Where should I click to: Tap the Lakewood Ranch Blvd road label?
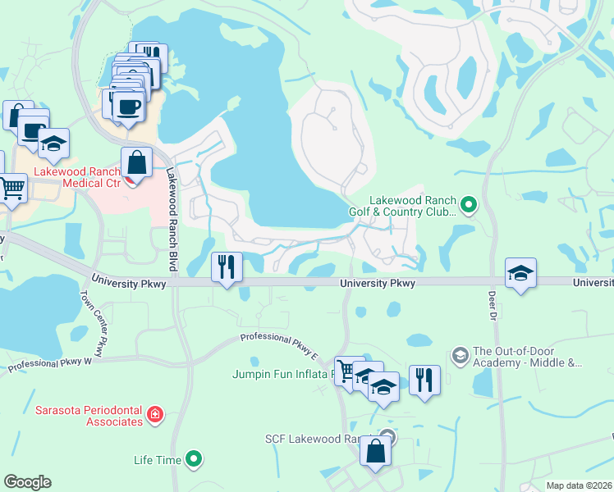[x=172, y=210]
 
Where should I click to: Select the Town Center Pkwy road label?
[x=94, y=324]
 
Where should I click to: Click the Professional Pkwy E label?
[x=279, y=346]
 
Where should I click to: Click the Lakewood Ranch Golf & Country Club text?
[x=411, y=206]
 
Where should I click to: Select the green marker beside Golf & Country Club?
[x=469, y=204]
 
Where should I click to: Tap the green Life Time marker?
[x=194, y=460]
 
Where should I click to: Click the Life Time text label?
[x=157, y=460]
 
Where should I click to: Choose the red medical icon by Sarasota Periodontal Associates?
[x=154, y=416]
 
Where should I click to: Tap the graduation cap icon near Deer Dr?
[x=520, y=272]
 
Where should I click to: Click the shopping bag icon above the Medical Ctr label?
[x=136, y=162]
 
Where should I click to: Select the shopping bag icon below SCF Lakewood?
[x=375, y=452]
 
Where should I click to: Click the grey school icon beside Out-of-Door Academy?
[x=460, y=355]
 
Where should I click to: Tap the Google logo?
[x=27, y=482]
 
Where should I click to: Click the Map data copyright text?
[x=579, y=485]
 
